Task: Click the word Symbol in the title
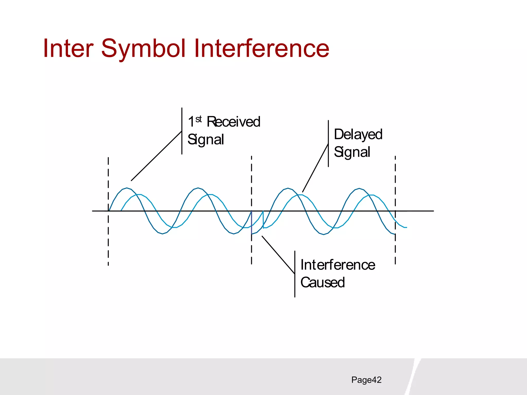click(143, 49)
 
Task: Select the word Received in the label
click(233, 122)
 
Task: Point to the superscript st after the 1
click(198, 119)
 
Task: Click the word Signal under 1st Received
click(205, 140)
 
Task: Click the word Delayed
click(358, 134)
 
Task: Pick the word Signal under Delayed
click(352, 152)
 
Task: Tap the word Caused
click(322, 282)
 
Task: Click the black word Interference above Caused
click(338, 265)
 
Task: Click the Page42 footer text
click(366, 380)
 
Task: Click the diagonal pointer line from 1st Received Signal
click(156, 156)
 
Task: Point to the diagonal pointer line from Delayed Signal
click(315, 168)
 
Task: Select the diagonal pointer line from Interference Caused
click(278, 255)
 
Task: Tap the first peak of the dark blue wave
click(127, 188)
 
